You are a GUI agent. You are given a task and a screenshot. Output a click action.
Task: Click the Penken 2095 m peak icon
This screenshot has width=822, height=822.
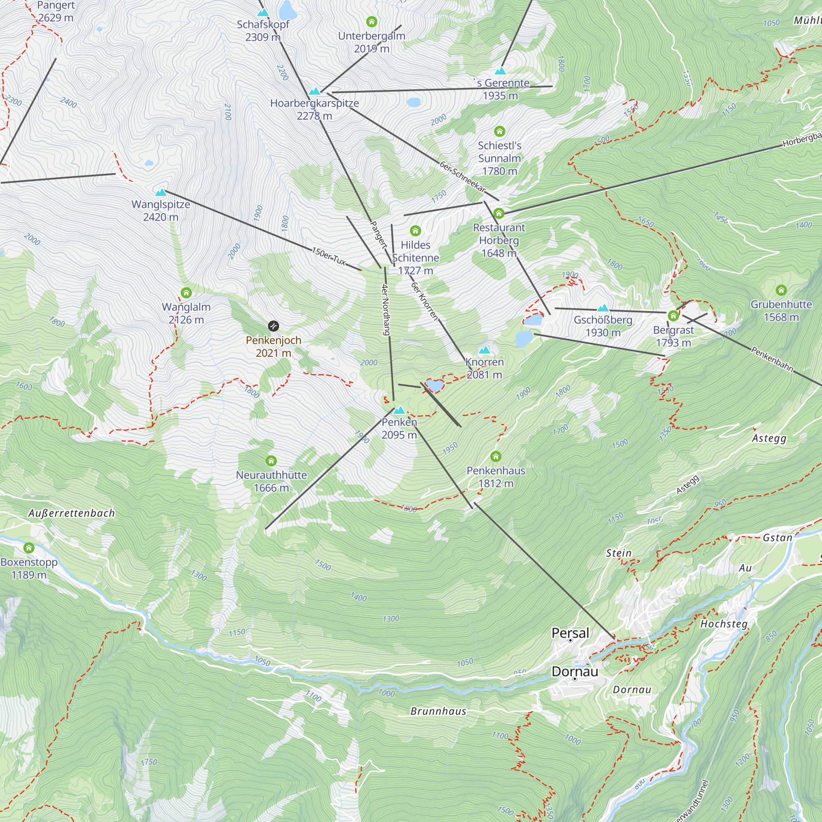point(399,411)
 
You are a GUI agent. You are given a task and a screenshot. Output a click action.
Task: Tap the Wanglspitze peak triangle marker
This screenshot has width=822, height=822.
point(161,193)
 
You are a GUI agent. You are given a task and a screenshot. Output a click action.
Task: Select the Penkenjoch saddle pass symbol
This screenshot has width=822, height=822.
point(274,326)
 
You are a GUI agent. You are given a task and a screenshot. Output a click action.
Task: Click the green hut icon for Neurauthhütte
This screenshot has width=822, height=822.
point(271,461)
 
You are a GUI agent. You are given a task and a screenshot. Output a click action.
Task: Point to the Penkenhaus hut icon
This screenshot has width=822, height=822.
point(496,457)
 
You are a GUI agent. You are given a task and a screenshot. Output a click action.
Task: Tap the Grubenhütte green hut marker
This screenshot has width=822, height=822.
point(781,290)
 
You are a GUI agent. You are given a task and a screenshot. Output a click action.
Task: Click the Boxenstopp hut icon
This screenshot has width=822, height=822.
point(29,547)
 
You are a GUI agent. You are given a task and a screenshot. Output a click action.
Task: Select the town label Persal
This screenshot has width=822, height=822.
point(570,633)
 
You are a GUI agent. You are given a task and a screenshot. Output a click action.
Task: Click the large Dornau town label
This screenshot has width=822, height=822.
point(575,672)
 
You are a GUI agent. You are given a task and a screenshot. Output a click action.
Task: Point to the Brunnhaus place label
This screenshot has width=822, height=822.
point(438,711)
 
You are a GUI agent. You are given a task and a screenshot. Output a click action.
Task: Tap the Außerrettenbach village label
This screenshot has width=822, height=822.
point(72,513)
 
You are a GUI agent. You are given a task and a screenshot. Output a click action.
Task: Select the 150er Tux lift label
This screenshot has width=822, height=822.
point(329,256)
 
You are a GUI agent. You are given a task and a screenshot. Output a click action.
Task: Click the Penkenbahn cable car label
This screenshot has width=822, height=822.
point(772,359)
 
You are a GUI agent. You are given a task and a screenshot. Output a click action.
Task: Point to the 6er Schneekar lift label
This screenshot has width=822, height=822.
point(462,177)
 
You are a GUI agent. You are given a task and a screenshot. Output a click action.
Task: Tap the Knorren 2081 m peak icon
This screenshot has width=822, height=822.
point(484,350)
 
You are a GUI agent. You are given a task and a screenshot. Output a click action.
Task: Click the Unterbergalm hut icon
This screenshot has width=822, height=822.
point(372,22)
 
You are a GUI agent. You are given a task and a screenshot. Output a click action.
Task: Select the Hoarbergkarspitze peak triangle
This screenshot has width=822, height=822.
point(314,91)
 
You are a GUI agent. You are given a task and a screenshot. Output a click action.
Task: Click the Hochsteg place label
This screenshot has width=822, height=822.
point(724,624)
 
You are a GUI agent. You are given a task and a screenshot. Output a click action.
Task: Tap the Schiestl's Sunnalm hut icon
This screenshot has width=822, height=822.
point(499,131)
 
